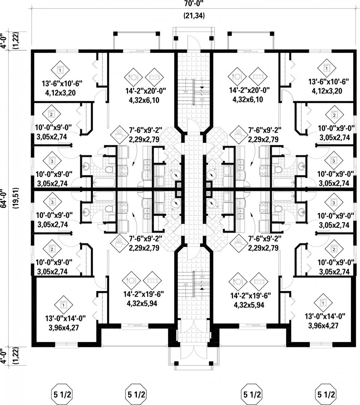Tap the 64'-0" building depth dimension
[x=4, y=198]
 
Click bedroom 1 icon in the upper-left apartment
[x=60, y=70]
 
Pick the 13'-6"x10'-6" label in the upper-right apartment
[x=329, y=82]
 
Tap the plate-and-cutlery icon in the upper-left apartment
[x=133, y=77]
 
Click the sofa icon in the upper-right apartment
[x=258, y=77]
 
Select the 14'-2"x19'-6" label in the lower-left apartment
[x=144, y=294]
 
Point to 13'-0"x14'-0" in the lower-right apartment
[x=325, y=316]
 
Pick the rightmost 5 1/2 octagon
[x=326, y=394]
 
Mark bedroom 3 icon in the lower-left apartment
[x=52, y=202]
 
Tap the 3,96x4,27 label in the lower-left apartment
[x=64, y=327]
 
